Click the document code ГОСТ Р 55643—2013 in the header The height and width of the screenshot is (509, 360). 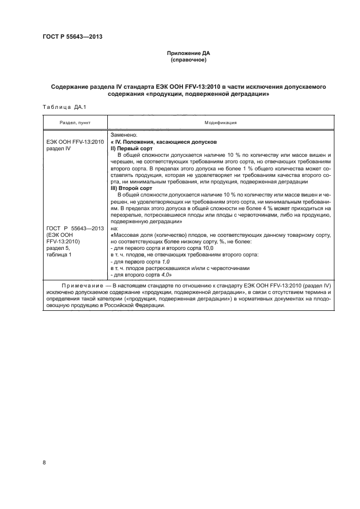(74, 37)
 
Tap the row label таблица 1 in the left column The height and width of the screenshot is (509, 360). (59, 255)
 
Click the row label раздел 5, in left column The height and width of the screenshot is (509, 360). (56, 248)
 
